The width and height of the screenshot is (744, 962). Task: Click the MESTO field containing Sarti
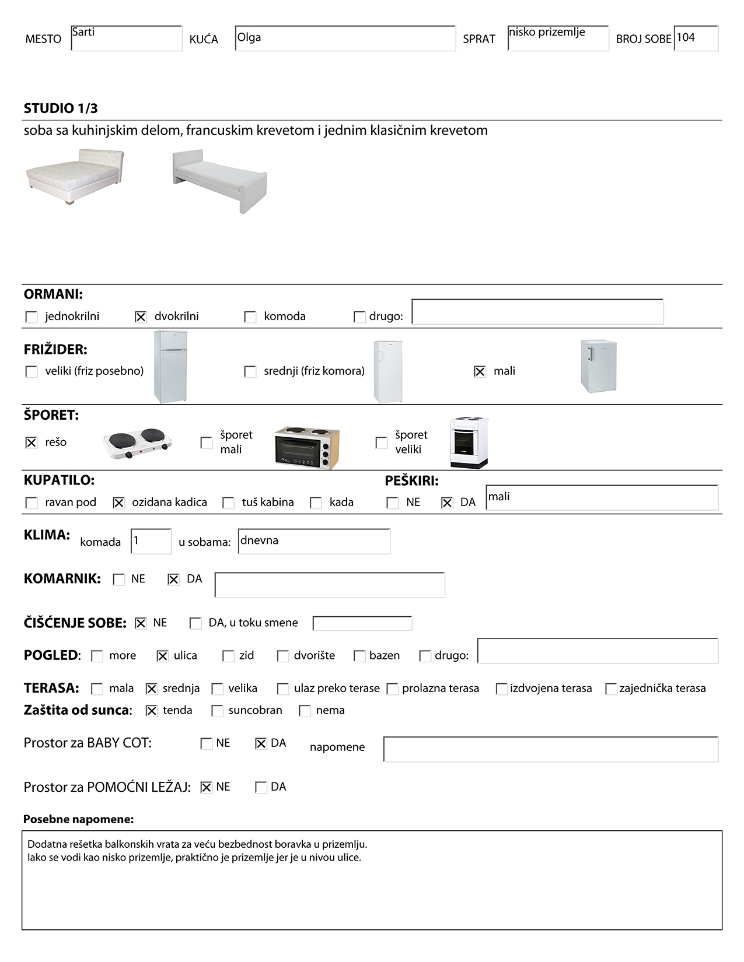126,38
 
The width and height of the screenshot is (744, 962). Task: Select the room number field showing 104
696,38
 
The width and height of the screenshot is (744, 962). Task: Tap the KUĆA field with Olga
345,38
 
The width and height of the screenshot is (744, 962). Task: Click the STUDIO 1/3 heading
61,108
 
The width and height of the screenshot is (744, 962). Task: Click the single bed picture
220,180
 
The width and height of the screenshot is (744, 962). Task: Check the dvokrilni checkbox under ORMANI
141,317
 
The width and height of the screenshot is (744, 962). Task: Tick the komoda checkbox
250,317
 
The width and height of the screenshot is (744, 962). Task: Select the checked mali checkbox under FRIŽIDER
480,371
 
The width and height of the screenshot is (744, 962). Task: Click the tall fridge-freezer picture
170,367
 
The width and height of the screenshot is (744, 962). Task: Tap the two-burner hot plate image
138,443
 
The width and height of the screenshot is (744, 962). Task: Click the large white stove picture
469,443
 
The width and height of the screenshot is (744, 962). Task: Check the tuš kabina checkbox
229,503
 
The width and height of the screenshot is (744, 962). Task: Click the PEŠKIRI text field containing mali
602,498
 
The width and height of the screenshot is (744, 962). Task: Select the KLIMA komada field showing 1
151,541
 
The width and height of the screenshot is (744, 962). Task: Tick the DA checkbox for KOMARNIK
173,580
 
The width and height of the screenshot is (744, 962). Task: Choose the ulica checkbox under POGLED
162,656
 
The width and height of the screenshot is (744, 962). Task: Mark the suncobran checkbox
217,711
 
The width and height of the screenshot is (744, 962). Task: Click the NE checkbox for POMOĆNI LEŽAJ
206,788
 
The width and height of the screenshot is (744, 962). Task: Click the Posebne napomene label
78,819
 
